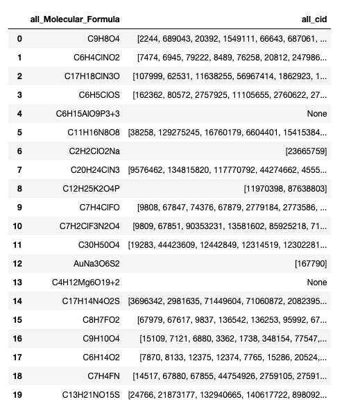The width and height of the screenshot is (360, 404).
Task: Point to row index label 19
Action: pyautogui.click(x=19, y=394)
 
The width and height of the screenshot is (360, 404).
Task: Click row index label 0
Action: pyautogui.click(x=19, y=39)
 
